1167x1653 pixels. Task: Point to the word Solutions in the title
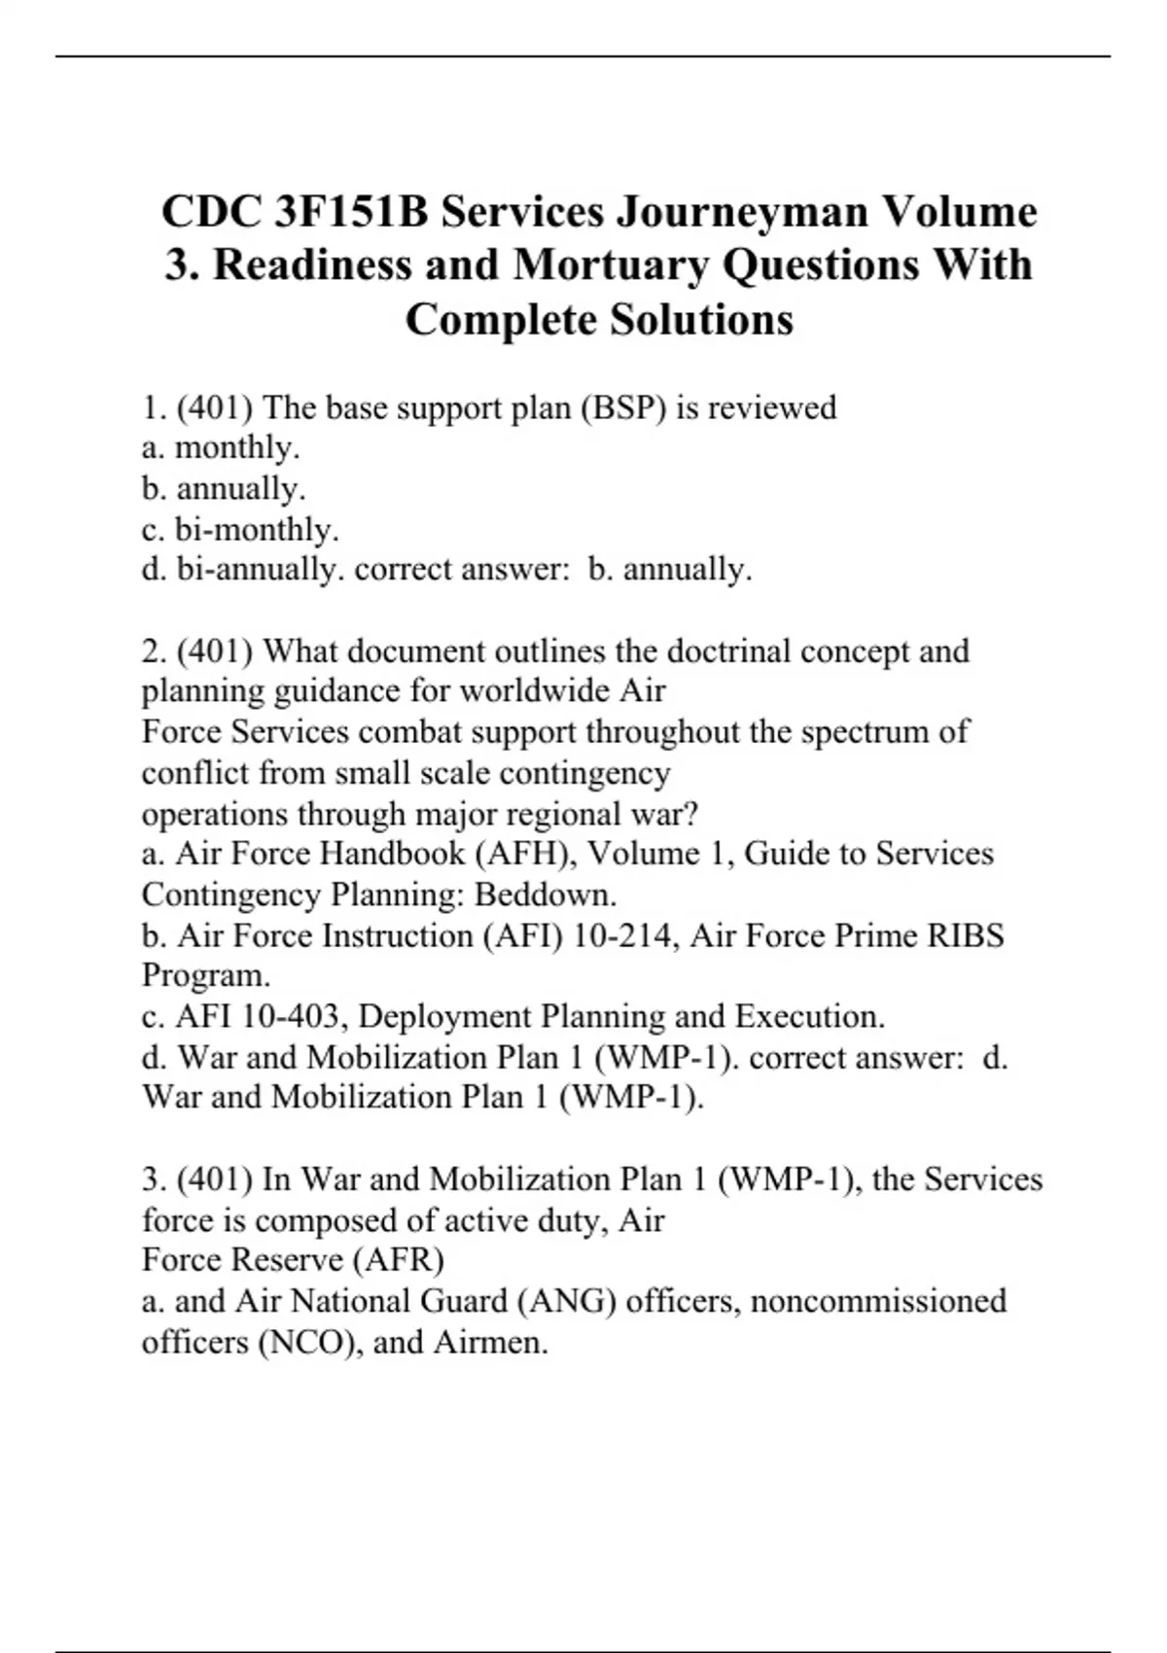701,320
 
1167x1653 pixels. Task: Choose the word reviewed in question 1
771,407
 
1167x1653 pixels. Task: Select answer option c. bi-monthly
240,530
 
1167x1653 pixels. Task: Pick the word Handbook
393,854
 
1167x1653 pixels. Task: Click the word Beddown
546,895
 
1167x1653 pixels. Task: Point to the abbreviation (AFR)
399,1261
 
